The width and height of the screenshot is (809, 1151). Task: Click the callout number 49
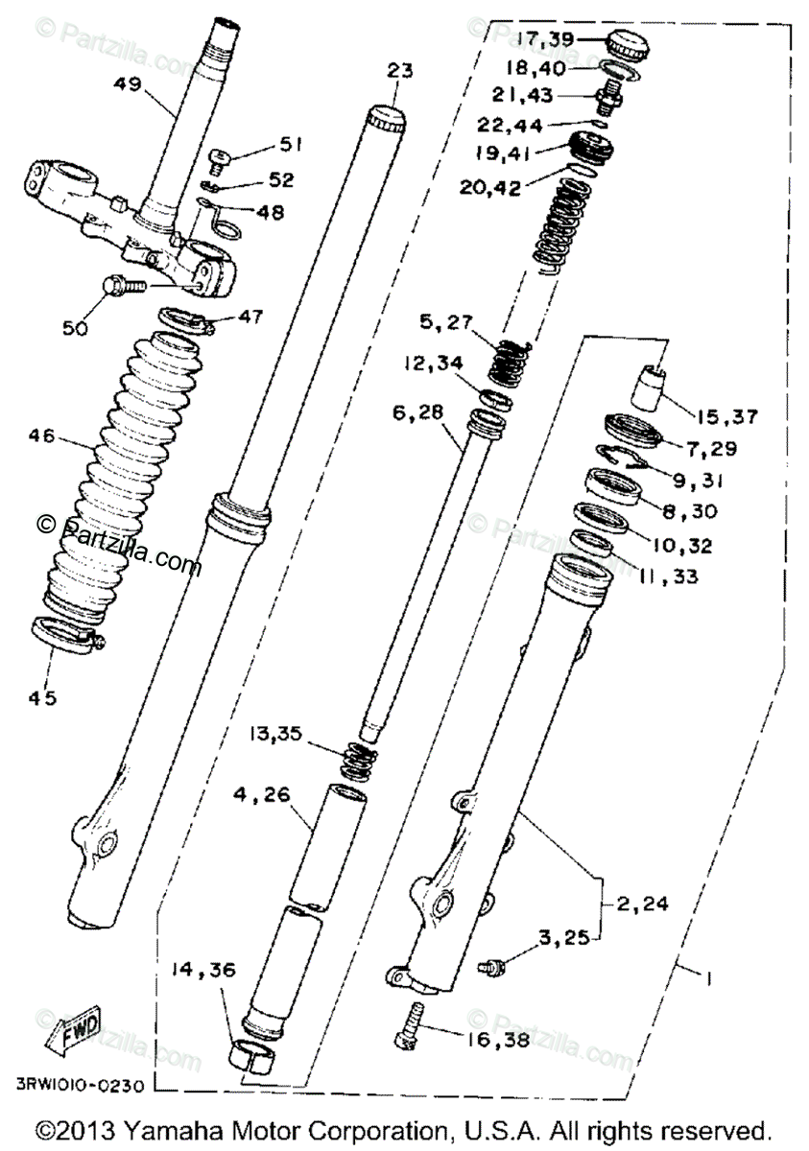pos(128,84)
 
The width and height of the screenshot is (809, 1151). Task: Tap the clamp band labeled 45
pos(67,636)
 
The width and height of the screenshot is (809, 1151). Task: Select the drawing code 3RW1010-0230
pos(82,1088)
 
